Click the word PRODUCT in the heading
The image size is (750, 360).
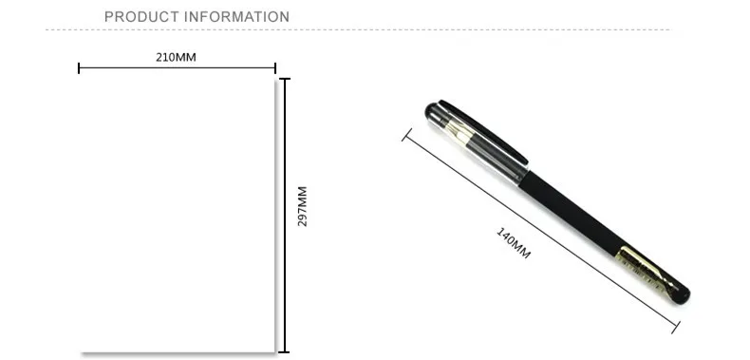coord(141,17)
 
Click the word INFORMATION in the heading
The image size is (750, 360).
coord(236,17)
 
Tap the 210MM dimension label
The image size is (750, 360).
coord(176,57)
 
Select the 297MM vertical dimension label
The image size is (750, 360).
coord(302,206)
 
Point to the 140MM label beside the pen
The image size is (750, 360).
coord(514,243)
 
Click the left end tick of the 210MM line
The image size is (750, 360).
coord(79,68)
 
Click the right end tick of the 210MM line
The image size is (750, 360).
coord(275,68)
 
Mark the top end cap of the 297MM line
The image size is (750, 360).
coord(285,79)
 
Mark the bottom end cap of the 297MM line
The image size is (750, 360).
coord(285,351)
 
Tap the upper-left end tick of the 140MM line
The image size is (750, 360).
coord(406,135)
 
